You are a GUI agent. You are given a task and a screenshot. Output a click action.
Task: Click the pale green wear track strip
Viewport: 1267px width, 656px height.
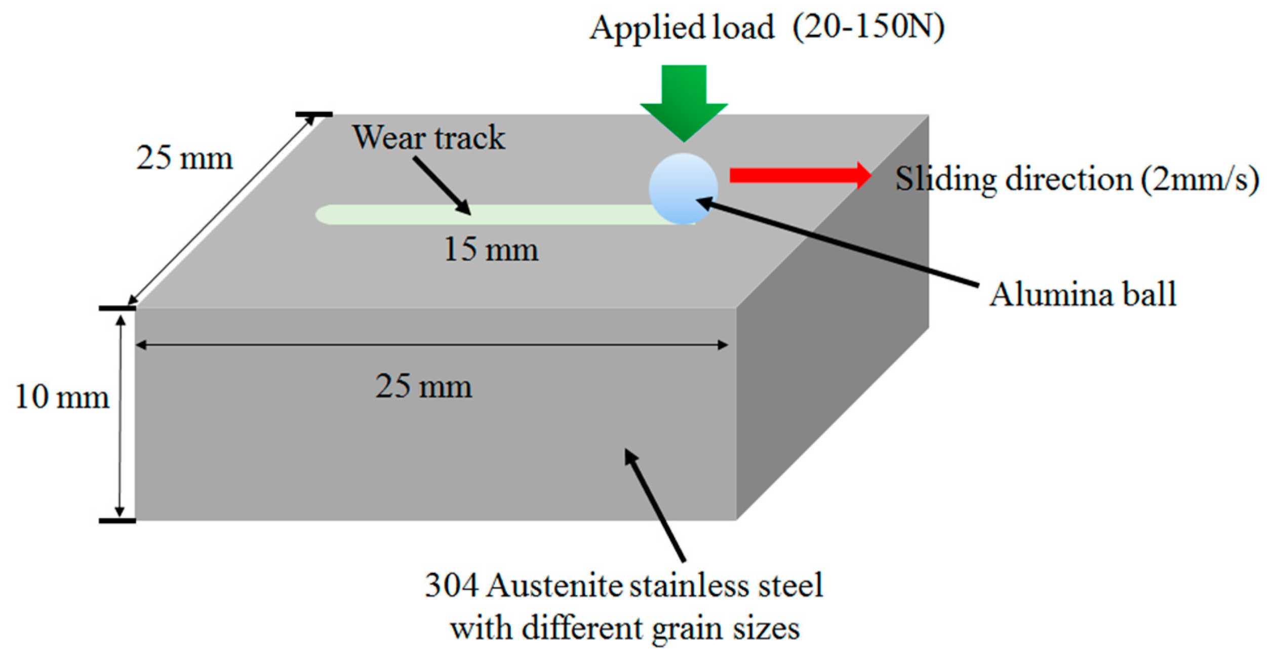[x=481, y=214]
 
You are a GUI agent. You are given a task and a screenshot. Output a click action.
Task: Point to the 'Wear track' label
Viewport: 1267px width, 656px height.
[x=428, y=137]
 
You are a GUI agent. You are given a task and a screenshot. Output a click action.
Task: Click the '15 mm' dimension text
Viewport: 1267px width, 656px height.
[x=491, y=250]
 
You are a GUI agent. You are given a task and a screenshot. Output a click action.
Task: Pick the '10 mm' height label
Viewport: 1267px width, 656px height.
[x=62, y=397]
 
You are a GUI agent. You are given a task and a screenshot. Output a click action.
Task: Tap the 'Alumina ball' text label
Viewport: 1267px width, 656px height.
[x=1083, y=294]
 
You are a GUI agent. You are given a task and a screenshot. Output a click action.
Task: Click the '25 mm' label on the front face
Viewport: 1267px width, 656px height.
[x=423, y=387]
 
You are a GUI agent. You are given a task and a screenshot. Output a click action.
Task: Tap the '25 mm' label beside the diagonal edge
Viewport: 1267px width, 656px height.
[x=184, y=158]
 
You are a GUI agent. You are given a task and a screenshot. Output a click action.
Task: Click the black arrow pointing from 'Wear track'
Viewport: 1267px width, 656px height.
[x=442, y=185]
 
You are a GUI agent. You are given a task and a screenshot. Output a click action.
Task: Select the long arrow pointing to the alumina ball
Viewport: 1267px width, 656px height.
[x=836, y=242]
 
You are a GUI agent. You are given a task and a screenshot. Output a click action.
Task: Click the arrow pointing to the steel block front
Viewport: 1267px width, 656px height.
[x=654, y=504]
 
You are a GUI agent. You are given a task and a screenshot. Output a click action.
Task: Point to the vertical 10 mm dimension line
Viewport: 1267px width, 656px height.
[x=121, y=415]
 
